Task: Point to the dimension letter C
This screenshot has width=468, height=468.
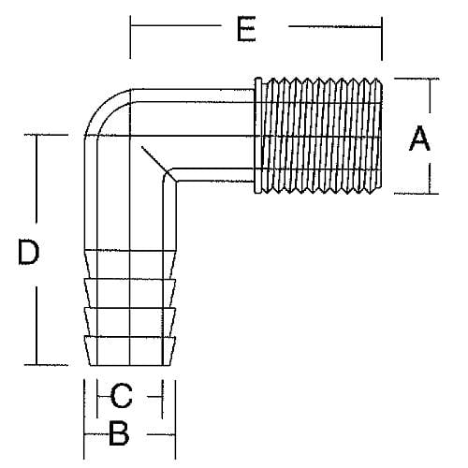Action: (122, 397)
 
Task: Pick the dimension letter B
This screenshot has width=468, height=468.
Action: (120, 433)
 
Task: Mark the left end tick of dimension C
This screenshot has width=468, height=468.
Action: (98, 398)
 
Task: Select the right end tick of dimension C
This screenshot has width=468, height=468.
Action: (162, 398)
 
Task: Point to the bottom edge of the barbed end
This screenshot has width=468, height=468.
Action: (130, 364)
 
